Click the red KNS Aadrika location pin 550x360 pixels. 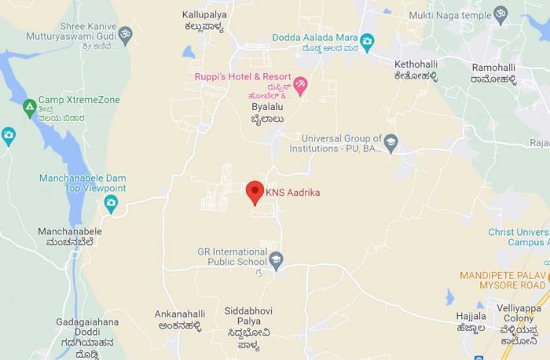[254, 192]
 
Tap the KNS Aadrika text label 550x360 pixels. [292, 192]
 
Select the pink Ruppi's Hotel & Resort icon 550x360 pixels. [299, 85]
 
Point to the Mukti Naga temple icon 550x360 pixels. [500, 13]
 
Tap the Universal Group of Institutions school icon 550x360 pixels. [390, 143]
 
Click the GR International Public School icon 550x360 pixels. [276, 259]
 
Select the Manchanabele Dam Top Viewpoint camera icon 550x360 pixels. [111, 204]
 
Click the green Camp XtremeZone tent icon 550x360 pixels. [30, 107]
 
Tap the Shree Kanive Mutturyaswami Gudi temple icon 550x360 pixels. [124, 35]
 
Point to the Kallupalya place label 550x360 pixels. [203, 15]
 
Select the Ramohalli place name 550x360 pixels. [493, 68]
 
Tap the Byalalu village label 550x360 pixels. [266, 106]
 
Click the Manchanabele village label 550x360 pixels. [70, 232]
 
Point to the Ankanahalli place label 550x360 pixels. [180, 314]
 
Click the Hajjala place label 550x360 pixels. [471, 315]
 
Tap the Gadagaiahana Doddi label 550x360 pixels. [87, 321]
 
